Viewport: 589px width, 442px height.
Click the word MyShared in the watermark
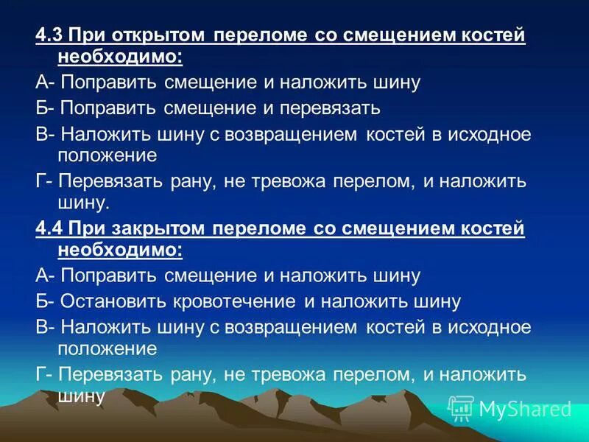click(525, 409)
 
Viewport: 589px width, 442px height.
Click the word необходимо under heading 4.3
click(119, 56)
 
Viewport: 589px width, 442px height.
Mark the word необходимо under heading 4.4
click(119, 250)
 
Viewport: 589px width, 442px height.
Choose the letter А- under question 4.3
click(45, 82)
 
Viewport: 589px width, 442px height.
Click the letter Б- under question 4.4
click(45, 301)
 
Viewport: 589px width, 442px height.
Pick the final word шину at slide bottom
click(81, 396)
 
